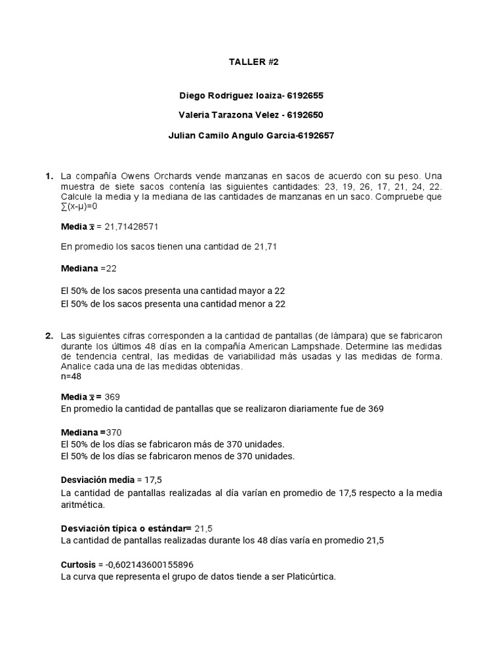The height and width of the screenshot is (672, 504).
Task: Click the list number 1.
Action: (x=49, y=176)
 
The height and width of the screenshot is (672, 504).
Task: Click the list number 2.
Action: (x=49, y=336)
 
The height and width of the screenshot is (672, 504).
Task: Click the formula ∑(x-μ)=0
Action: (x=79, y=206)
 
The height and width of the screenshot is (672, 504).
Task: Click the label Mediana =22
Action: (x=88, y=268)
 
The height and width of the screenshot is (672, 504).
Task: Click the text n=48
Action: (x=72, y=377)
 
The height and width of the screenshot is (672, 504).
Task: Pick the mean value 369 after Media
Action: (x=112, y=397)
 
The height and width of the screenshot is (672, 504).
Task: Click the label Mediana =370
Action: (x=91, y=432)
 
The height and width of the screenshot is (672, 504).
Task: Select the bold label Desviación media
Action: (x=97, y=480)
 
